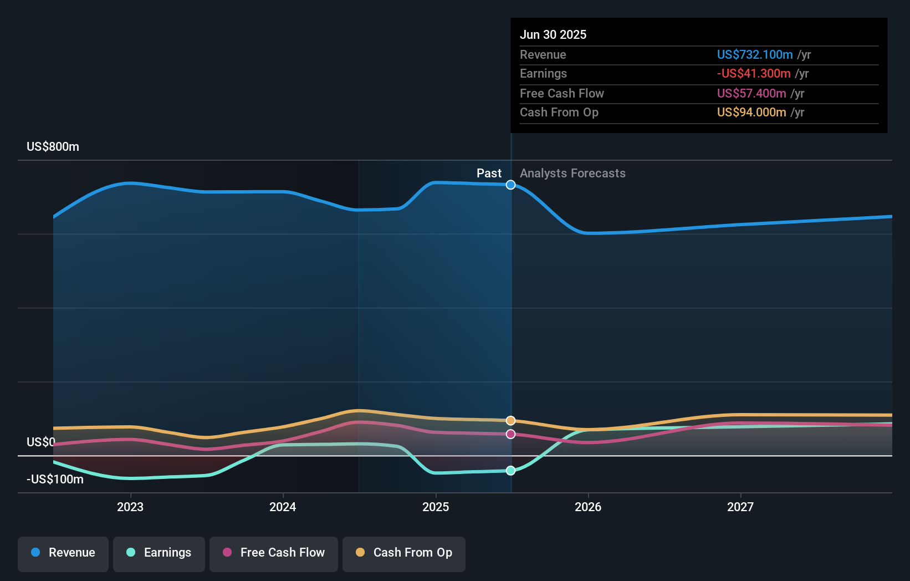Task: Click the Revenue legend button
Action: coord(63,553)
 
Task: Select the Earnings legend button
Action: coord(159,553)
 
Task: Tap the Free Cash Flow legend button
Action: coord(274,553)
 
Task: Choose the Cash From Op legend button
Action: coord(404,553)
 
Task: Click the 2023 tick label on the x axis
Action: coord(130,507)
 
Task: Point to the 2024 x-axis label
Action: coord(283,507)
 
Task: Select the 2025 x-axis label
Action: coord(436,507)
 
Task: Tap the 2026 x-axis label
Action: coord(588,507)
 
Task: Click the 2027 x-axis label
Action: coord(740,507)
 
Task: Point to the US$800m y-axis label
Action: coord(53,147)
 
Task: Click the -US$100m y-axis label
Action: coord(55,480)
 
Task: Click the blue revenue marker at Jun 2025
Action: coord(511,185)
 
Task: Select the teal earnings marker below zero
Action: coord(511,471)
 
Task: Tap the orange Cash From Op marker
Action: coord(511,421)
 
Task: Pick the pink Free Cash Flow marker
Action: coord(511,434)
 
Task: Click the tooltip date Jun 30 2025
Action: coord(553,34)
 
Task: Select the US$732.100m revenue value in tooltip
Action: coord(755,54)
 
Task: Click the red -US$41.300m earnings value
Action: coord(754,73)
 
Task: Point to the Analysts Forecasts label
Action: coord(572,174)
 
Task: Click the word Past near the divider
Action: coord(489,174)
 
